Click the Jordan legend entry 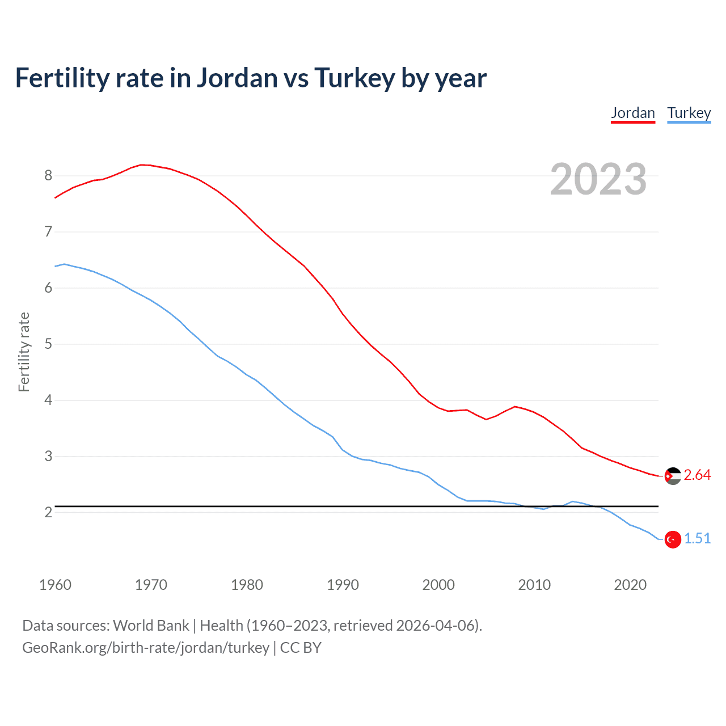632,113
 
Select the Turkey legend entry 689,113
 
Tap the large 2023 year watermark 598,179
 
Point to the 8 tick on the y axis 48,176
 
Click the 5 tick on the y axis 48,344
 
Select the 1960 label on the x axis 55,585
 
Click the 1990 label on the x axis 343,585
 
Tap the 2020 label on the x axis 630,585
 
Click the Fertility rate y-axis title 24,352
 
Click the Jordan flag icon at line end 673,476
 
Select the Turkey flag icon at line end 673,539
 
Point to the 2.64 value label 697,475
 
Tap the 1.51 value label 697,539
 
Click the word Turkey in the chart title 354,78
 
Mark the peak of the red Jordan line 142,164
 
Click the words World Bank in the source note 151,626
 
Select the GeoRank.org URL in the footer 146,648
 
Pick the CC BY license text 301,648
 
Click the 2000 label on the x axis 438,585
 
